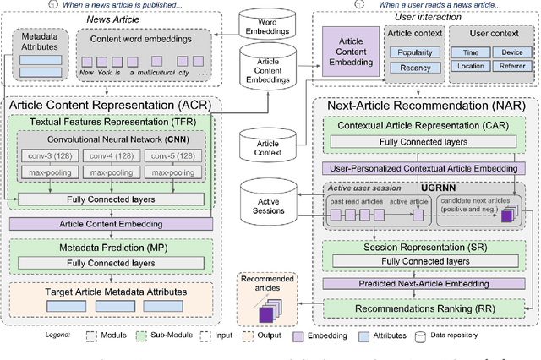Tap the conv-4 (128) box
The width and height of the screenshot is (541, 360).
click(x=112, y=155)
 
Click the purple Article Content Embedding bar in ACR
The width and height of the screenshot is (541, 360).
click(x=112, y=224)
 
